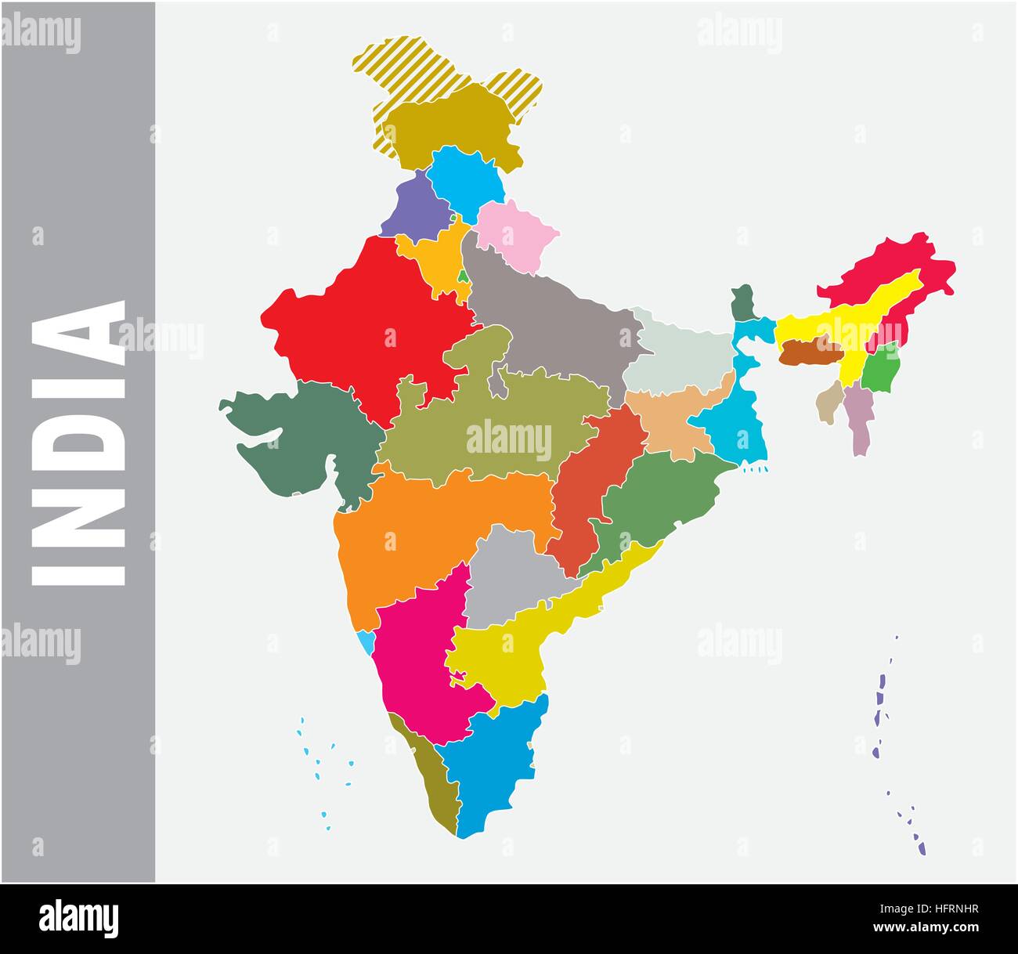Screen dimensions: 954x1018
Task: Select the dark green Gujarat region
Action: tap(313, 439)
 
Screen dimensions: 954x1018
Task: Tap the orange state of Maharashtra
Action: tap(423, 533)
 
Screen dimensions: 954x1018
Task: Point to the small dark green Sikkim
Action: tap(741, 302)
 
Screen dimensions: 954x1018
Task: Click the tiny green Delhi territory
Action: tap(464, 276)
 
